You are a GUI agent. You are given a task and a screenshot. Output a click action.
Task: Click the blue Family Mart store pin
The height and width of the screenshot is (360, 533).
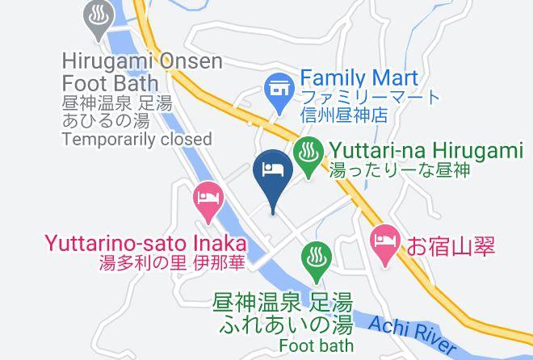tap(279, 90)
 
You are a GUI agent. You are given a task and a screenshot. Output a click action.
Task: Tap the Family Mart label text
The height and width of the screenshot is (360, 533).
tap(359, 78)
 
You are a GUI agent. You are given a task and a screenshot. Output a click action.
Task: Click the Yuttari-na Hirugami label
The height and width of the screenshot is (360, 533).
tap(426, 151)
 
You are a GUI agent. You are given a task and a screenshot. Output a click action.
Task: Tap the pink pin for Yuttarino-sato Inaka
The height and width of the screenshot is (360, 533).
tap(208, 200)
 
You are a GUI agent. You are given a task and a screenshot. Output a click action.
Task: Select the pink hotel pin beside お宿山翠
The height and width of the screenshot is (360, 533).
tap(383, 244)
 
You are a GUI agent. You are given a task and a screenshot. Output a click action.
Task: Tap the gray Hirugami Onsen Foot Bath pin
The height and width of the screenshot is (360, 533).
tap(99, 17)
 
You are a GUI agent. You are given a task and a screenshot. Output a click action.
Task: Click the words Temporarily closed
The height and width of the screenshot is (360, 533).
tap(136, 139)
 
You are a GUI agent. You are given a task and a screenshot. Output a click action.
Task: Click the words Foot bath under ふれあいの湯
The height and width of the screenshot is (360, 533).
tap(316, 345)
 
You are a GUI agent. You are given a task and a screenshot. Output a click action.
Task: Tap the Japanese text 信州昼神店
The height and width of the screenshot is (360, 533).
tap(350, 115)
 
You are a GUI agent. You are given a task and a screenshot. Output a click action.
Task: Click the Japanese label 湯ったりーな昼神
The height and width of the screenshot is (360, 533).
tap(399, 170)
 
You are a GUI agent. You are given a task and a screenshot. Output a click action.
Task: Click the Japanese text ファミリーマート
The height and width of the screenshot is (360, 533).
tap(370, 98)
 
